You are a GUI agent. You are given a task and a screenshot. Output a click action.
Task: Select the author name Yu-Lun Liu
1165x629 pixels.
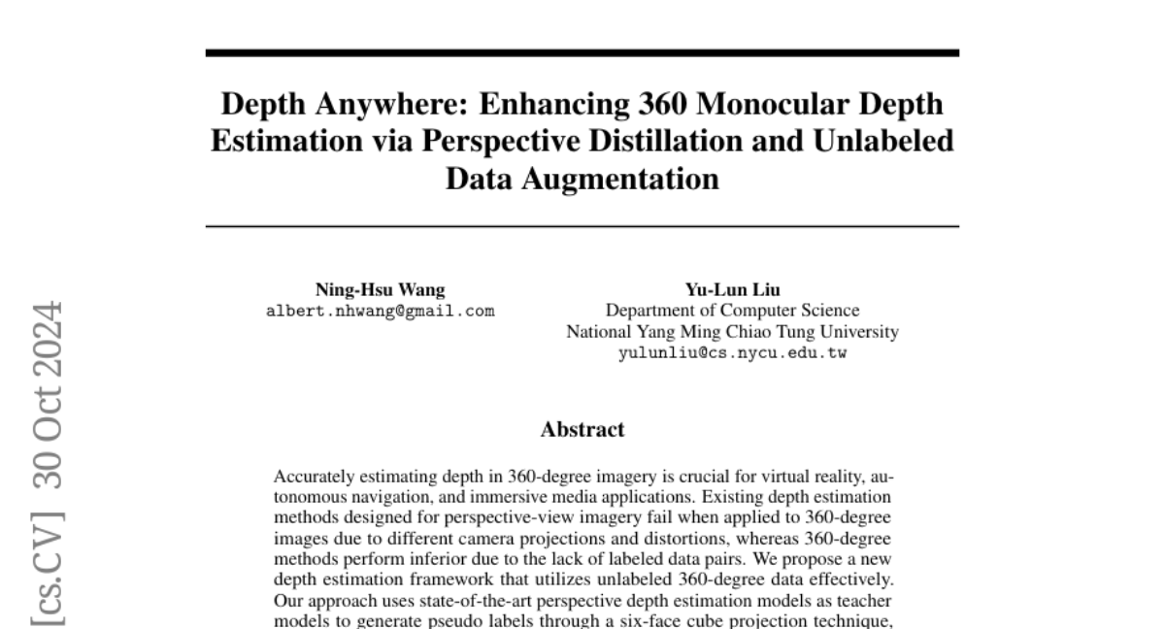pos(733,289)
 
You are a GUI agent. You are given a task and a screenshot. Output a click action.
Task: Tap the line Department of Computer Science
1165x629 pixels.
pos(733,311)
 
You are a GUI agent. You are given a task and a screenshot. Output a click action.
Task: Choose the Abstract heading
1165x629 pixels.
pos(582,429)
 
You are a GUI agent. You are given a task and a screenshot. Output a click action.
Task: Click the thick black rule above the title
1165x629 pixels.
pos(582,52)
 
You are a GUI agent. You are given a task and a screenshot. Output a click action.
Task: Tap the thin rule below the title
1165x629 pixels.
pos(582,226)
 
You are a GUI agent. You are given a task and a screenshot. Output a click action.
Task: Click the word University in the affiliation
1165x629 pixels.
pos(860,332)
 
